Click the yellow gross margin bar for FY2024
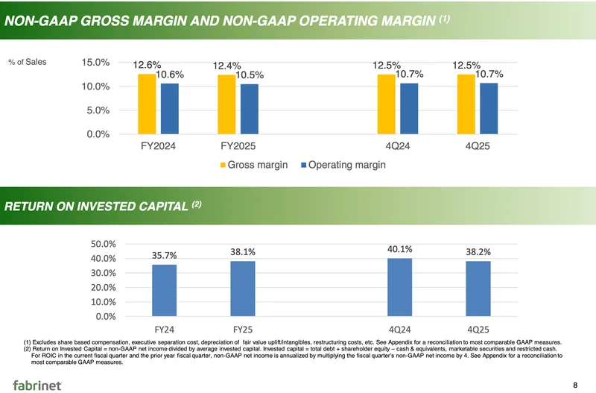(x=147, y=104)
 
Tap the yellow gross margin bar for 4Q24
(x=386, y=104)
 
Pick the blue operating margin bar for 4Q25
(x=489, y=108)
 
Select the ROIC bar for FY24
(x=164, y=290)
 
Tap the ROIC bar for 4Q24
(x=400, y=287)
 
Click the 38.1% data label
(x=243, y=253)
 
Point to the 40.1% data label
(x=400, y=249)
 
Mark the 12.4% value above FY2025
(x=226, y=66)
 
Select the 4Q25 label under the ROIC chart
(x=478, y=328)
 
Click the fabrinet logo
(x=37, y=383)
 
